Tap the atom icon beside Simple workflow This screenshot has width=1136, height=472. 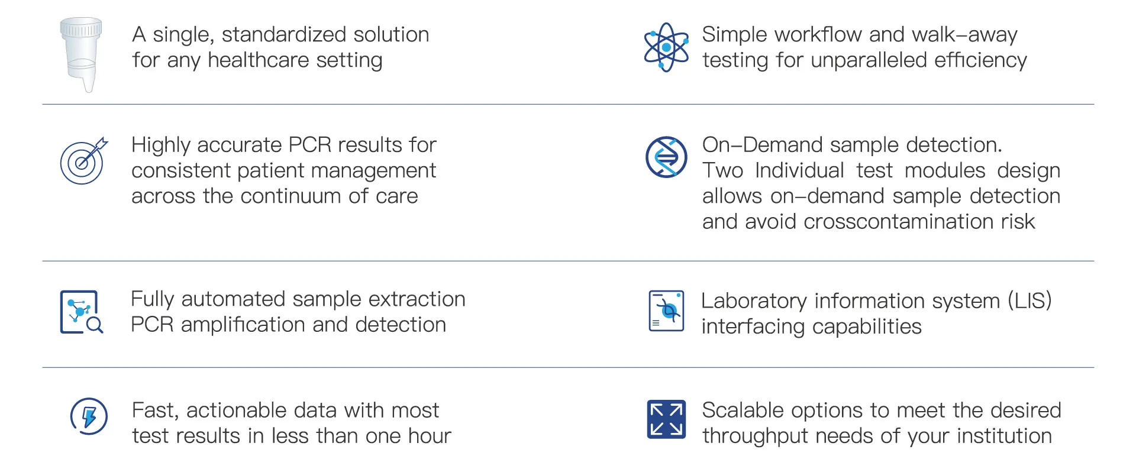666,47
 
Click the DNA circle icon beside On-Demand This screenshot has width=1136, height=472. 666,157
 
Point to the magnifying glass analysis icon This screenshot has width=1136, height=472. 82,312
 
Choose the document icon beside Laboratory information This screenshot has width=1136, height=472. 666,311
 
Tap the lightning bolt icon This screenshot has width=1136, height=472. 89,416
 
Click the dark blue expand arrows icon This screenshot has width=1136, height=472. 666,419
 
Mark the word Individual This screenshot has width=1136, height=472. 799,171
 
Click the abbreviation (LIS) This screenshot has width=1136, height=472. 1029,301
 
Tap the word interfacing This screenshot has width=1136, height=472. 753,327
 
